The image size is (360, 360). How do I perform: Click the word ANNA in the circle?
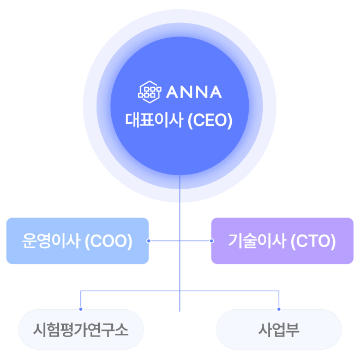(x=193, y=92)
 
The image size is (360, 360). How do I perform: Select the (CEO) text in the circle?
(x=209, y=120)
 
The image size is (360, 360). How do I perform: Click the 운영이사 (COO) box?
(x=77, y=241)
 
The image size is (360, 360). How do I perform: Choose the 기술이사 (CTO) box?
(x=282, y=241)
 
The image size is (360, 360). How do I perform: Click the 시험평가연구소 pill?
(x=81, y=329)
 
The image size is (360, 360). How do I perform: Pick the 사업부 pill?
(x=279, y=329)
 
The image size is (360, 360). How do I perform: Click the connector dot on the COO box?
(x=149, y=241)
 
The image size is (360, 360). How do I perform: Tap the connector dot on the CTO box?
(x=211, y=241)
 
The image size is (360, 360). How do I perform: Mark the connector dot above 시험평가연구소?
(x=81, y=309)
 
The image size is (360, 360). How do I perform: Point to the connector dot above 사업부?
(x=279, y=309)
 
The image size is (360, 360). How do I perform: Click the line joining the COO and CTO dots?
(x=164, y=241)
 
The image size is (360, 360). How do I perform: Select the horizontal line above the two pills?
(x=131, y=291)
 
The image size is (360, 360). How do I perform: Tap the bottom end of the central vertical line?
(x=180, y=310)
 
